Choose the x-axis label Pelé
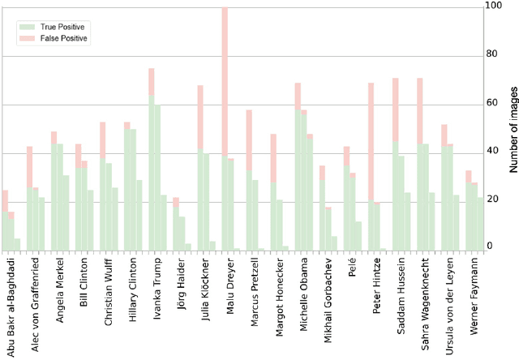(x=350, y=270)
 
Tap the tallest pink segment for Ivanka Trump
(x=152, y=81)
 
